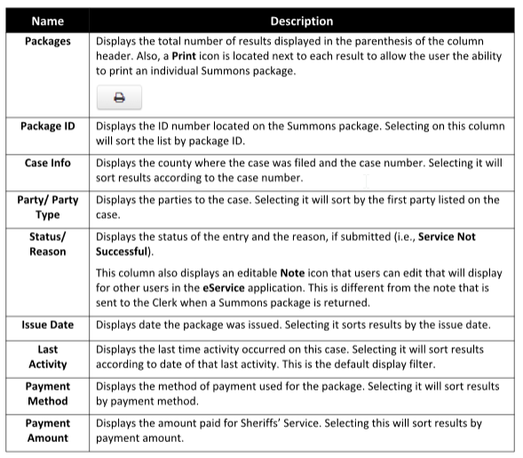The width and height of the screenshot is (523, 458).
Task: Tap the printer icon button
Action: click(x=120, y=99)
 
